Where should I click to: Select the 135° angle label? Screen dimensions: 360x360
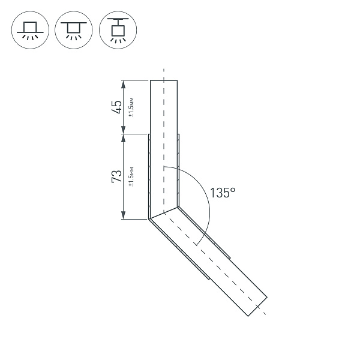223,193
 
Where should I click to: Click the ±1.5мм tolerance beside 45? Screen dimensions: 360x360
131,107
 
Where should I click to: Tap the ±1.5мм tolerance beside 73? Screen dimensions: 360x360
131,176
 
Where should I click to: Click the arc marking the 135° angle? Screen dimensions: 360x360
207,204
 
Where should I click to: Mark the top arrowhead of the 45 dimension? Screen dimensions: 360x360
123,83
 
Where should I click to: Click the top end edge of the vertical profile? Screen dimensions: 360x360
163,80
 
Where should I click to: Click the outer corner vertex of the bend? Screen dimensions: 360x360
148,219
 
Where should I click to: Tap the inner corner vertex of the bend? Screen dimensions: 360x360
178,207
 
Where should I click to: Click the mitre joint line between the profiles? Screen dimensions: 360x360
163,213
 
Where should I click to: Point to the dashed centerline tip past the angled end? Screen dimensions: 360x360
265,314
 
